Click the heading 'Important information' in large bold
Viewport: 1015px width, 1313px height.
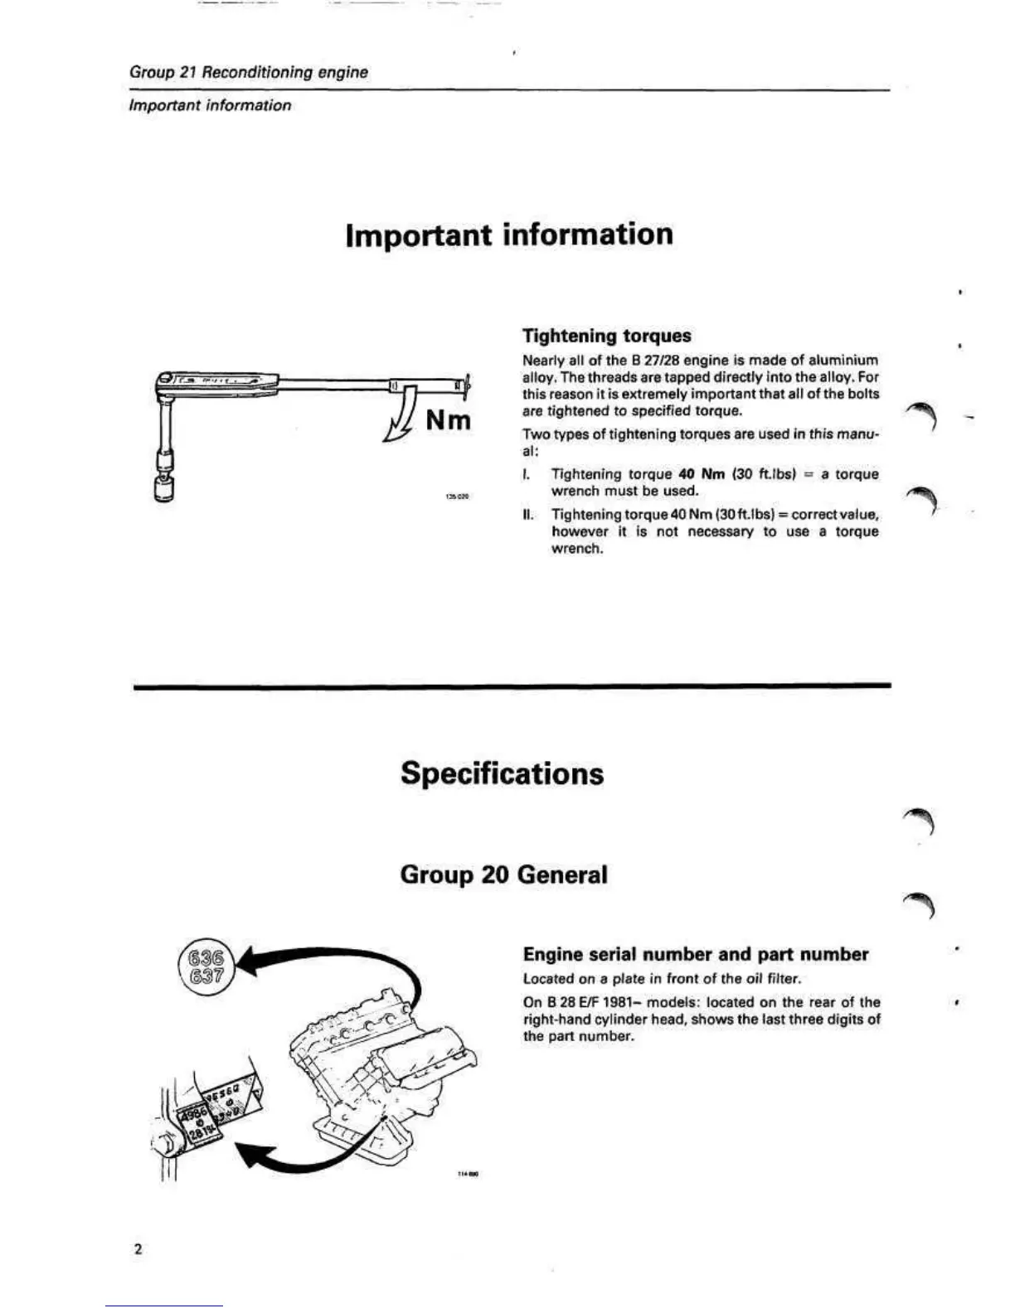508,235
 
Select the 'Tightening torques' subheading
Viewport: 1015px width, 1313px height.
606,336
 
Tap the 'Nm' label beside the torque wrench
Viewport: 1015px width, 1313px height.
448,420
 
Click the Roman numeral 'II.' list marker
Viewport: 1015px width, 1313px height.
527,515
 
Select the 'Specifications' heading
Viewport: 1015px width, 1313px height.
502,773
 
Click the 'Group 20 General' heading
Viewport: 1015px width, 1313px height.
503,875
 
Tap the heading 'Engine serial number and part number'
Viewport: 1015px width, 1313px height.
696,954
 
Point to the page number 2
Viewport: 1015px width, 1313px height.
138,1249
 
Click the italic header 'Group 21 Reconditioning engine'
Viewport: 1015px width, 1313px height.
249,72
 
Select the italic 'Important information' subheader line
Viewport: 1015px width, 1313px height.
211,105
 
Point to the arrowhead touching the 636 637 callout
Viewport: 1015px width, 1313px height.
249,964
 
